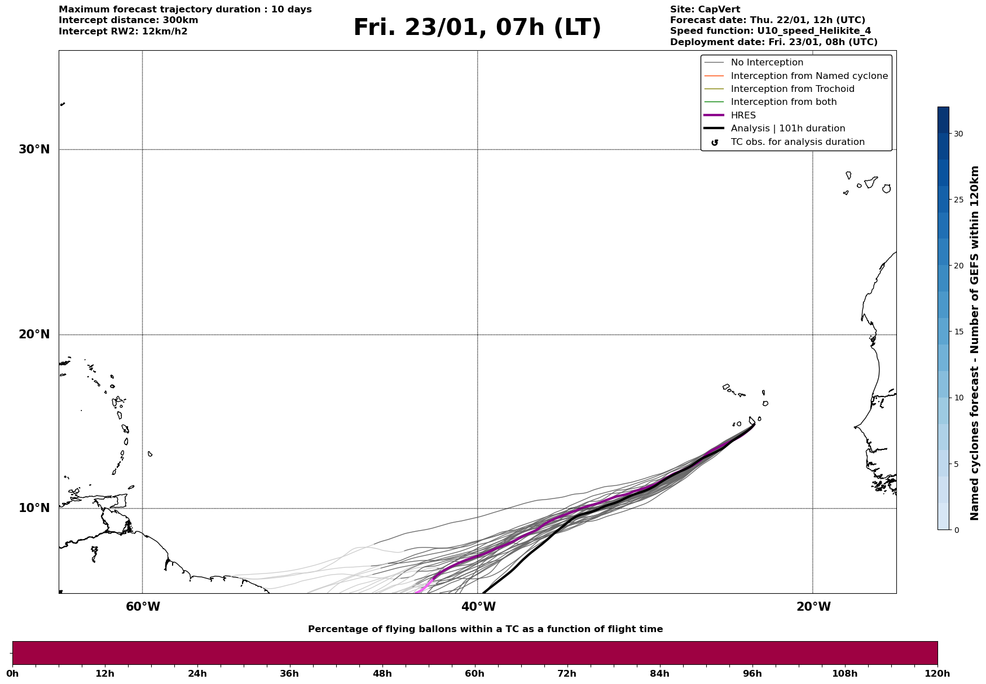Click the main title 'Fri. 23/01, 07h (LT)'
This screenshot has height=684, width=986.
tap(477, 28)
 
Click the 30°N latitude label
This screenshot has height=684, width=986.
tap(34, 149)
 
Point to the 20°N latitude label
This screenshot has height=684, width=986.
tap(34, 334)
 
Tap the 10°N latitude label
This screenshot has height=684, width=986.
tap(34, 508)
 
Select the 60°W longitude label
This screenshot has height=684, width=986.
tap(143, 607)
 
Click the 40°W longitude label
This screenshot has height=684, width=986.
tap(478, 607)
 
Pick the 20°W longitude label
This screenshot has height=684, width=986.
tap(813, 607)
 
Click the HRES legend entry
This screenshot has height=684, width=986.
tap(743, 116)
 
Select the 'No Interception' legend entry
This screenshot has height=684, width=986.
tap(767, 63)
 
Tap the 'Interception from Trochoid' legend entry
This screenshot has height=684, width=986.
tap(792, 89)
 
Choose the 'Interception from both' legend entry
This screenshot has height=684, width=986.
tap(783, 102)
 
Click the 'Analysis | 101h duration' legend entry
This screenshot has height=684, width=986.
tap(787, 129)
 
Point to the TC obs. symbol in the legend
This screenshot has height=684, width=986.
tap(715, 143)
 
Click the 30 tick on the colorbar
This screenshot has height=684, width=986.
tap(958, 134)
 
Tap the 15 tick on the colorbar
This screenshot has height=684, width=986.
tap(958, 332)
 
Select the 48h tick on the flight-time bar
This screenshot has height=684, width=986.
tap(382, 674)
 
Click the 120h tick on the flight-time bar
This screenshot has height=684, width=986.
tap(937, 674)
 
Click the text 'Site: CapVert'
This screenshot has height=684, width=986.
tap(705, 10)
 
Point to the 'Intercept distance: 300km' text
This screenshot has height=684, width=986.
tap(128, 20)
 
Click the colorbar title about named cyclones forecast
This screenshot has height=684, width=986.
tap(974, 343)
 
